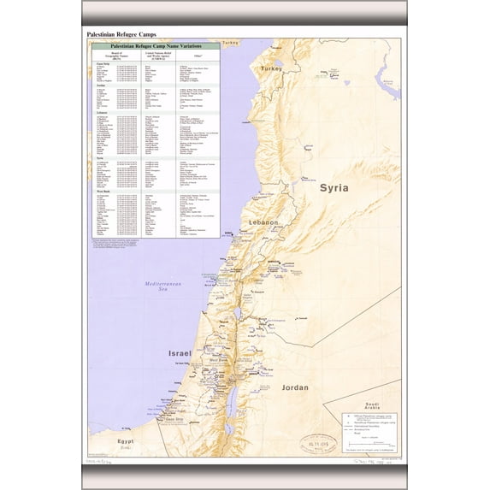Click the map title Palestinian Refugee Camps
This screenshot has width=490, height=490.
[x=121, y=34]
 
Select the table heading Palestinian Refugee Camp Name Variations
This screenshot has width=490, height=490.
[x=154, y=44]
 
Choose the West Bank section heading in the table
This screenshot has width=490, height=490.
[x=103, y=192]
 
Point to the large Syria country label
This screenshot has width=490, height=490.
[x=333, y=188]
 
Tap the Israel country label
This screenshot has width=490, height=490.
[x=180, y=352]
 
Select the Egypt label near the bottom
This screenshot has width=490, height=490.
[x=126, y=440]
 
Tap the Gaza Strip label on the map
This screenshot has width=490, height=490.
[x=174, y=419]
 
